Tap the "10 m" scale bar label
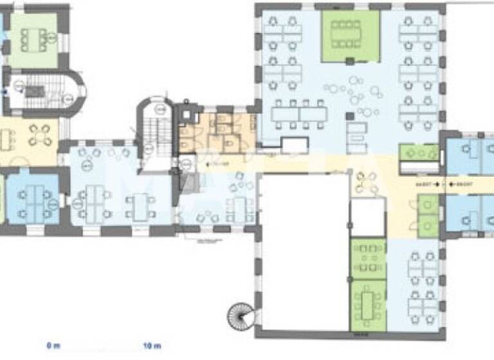click(x=152, y=346)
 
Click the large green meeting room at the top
click(x=347, y=35)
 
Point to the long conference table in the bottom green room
click(x=369, y=301)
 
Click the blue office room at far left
click(x=32, y=196)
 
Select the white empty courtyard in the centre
click(x=302, y=251)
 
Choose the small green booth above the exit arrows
click(x=419, y=153)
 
